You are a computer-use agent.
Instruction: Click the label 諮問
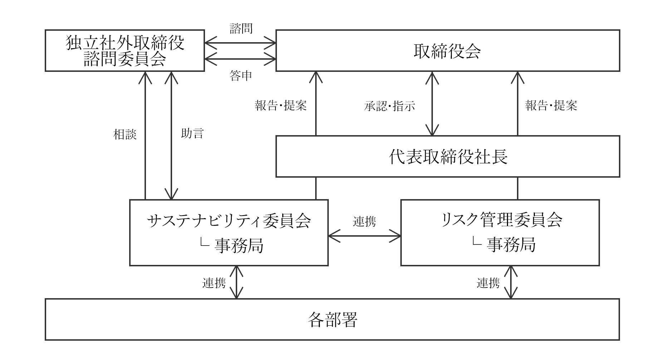pos(241,28)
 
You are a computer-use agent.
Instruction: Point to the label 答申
pos(241,75)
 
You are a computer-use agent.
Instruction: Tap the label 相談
pos(125,134)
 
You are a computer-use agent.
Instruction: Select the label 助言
pos(192,133)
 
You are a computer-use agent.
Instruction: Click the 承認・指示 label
pos(390,106)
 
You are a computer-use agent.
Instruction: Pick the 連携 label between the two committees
pos(365,221)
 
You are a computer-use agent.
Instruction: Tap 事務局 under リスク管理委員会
pos(511,245)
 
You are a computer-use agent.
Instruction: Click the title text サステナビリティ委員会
pos(229,221)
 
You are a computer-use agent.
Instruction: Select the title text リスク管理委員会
pos(502,220)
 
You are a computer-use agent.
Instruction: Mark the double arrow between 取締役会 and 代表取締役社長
pos(432,104)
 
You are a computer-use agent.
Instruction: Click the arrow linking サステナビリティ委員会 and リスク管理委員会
pos(365,236)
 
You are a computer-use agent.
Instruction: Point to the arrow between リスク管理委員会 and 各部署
pos(511,282)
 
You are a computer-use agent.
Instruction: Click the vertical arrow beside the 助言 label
pos(172,135)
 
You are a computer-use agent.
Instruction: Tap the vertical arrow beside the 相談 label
pos(145,135)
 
